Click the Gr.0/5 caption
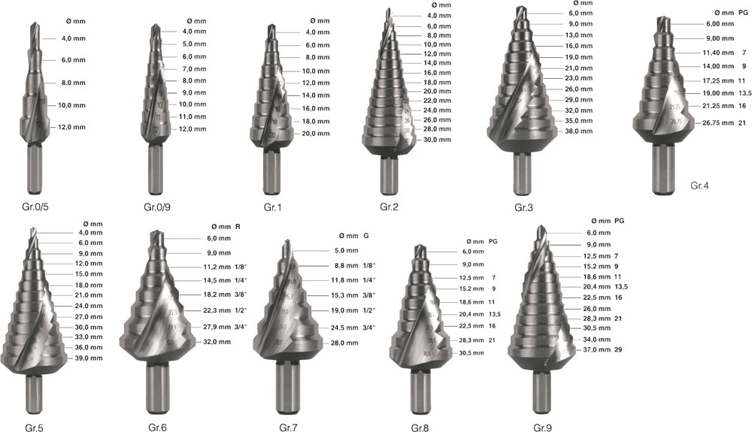tap(35, 207)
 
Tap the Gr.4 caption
tap(699, 186)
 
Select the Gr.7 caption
tap(289, 427)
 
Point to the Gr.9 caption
tap(543, 427)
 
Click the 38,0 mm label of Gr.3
tap(578, 131)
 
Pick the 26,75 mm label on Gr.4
tap(718, 122)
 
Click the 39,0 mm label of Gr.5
tap(89, 358)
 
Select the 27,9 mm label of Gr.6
tap(217, 327)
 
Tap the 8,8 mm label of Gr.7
tap(346, 265)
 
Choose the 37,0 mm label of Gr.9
tap(596, 349)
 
